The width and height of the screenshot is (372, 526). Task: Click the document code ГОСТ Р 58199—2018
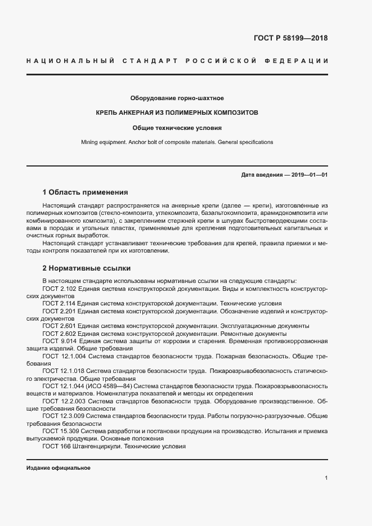tap(288, 39)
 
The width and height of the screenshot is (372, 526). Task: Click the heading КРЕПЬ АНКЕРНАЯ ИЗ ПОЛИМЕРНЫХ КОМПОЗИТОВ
tap(177, 113)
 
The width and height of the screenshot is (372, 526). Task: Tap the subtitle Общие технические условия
tap(177, 128)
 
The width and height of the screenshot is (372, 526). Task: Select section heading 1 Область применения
tap(85, 192)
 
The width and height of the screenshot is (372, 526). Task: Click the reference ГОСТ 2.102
tap(60, 288)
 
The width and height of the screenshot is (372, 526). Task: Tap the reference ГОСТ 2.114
tap(60, 303)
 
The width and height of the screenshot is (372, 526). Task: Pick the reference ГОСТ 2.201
tap(60, 311)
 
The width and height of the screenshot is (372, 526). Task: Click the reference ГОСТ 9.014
tap(61, 341)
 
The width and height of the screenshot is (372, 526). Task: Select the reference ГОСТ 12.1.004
tap(64, 357)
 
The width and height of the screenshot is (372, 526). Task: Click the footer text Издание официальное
tap(59, 468)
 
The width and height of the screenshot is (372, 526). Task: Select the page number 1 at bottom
tap(326, 478)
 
